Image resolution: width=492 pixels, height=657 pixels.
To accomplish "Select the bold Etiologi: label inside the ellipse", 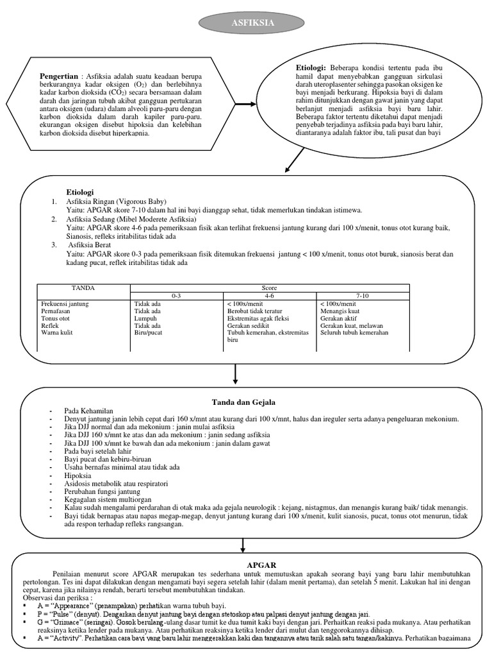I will pos(311,67).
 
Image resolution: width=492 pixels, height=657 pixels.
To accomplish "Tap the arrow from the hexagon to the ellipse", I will pos(245,104).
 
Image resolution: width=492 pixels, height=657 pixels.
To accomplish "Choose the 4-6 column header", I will pos(269,295).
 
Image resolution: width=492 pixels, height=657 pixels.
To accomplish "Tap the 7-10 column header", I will pos(363,295).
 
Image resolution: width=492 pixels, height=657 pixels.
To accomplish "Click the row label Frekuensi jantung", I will pos(65,303).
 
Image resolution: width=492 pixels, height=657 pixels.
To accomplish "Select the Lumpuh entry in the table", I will pos(145,318).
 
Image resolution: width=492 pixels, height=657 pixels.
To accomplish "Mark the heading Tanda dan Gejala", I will pos(243,402).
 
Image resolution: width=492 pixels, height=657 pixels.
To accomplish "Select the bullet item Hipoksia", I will pos(78,475).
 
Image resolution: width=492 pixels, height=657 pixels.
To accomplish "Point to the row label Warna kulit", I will pos(57,332).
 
